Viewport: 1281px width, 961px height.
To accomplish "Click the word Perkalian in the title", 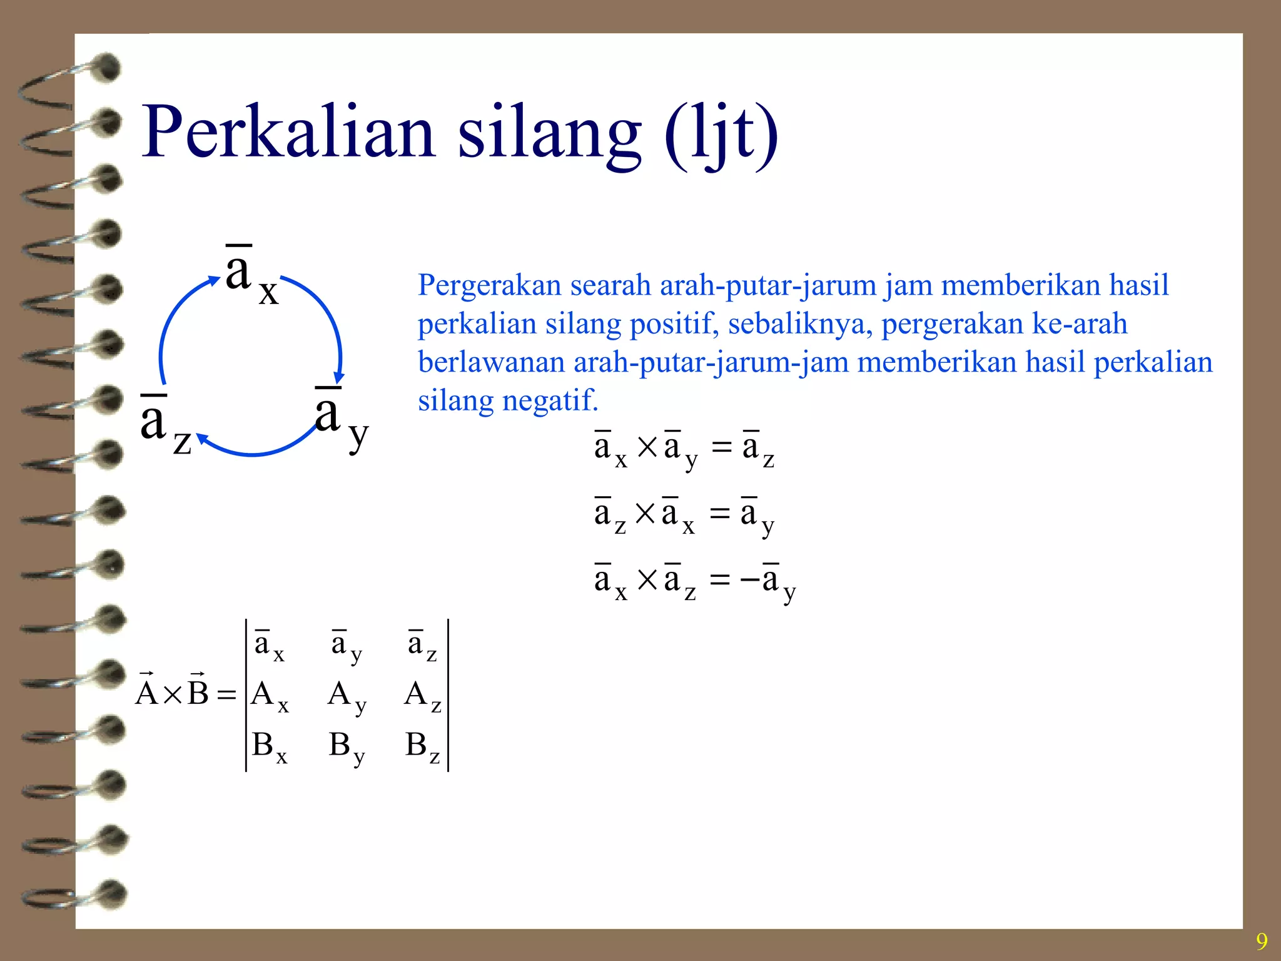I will coord(288,133).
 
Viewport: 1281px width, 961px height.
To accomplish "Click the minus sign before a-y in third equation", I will coord(749,581).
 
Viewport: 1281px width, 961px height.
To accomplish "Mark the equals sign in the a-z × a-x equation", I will coord(720,514).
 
